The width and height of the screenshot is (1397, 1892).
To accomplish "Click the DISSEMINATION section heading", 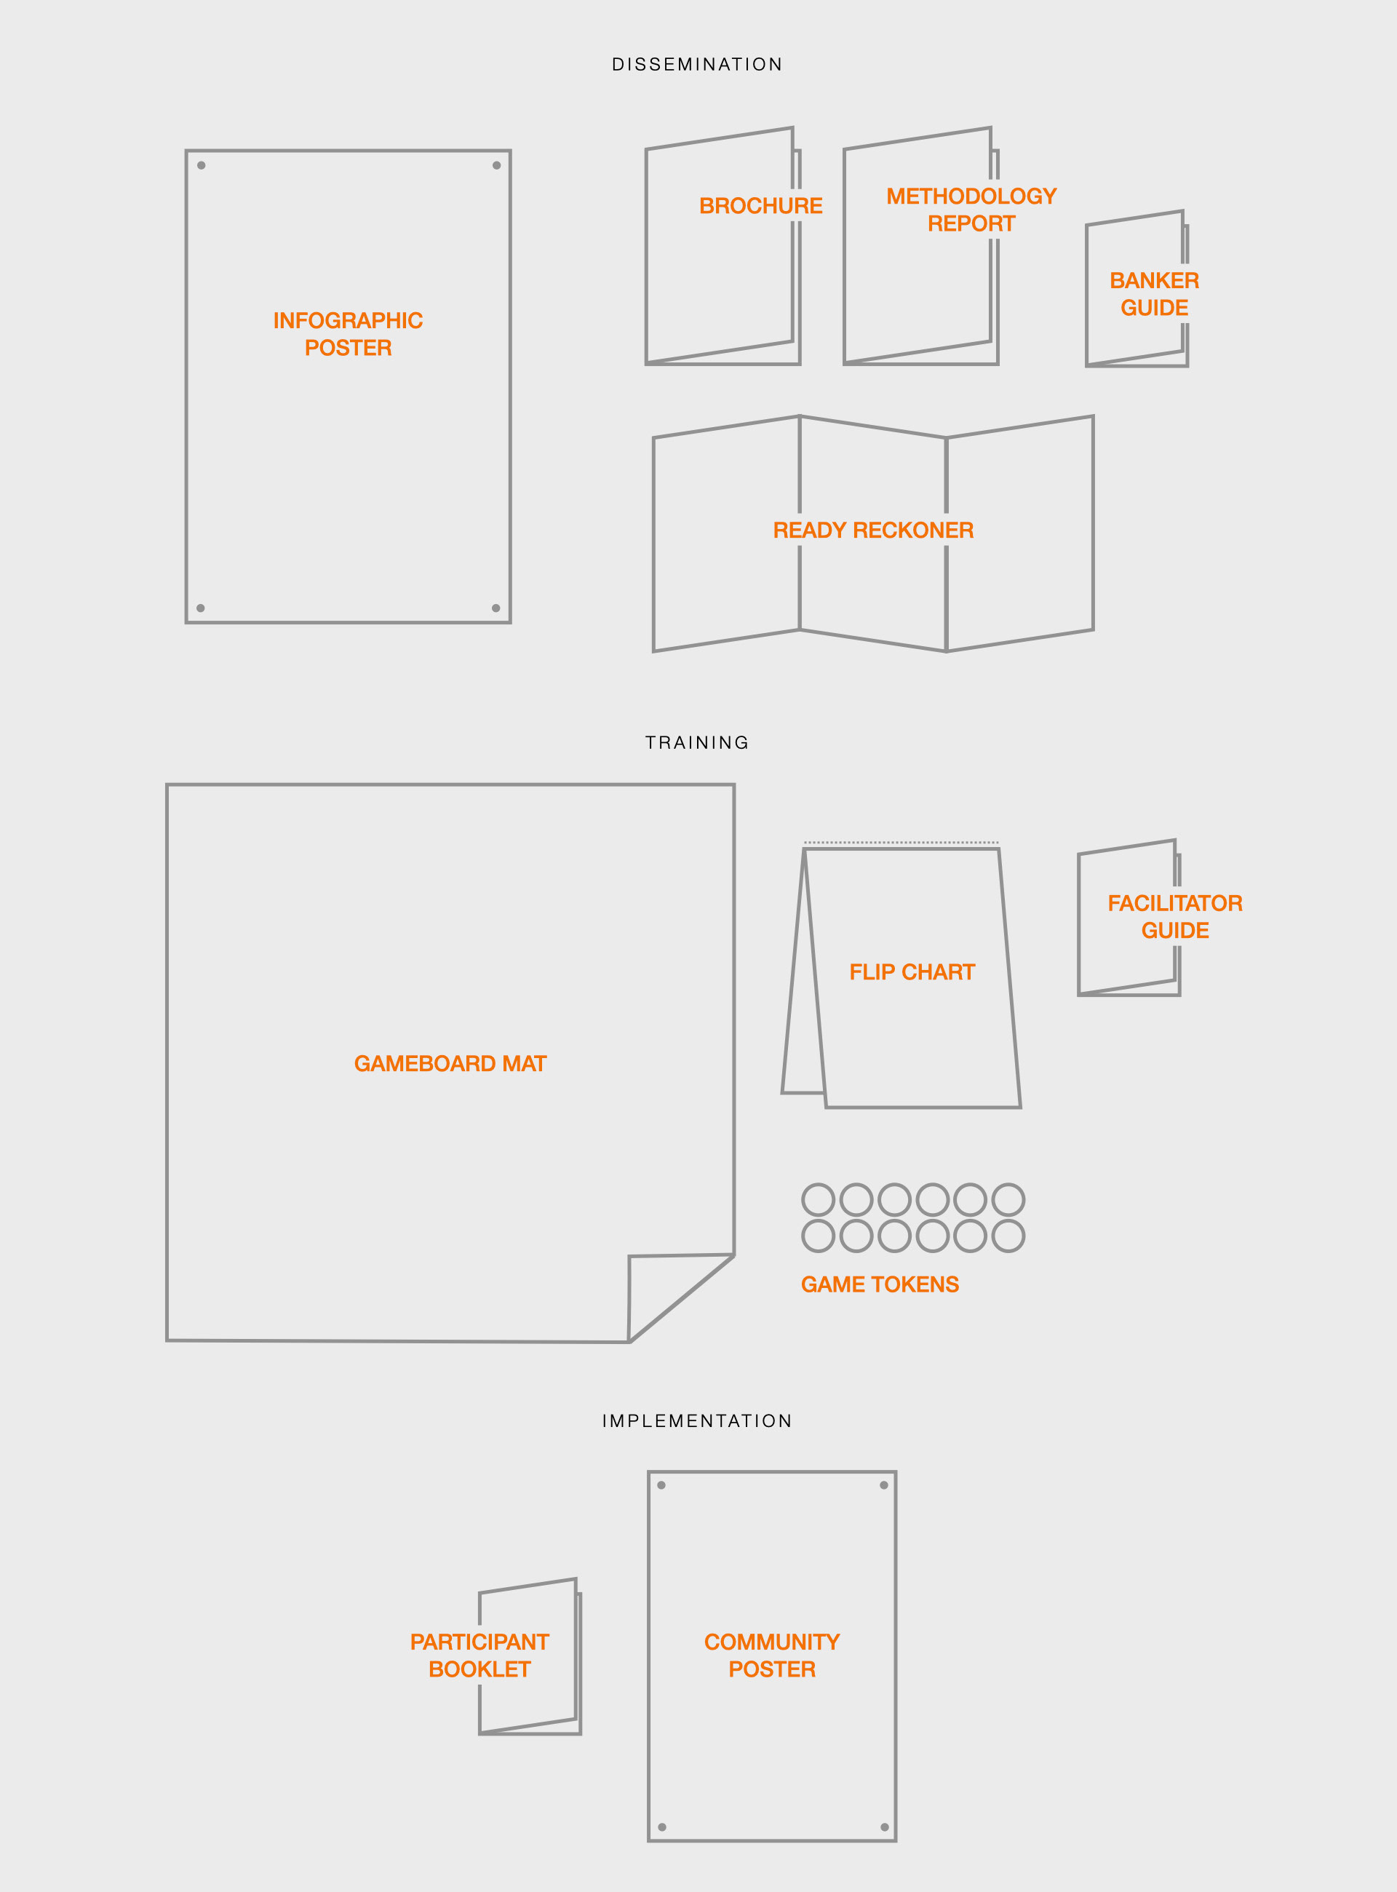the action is click(698, 65).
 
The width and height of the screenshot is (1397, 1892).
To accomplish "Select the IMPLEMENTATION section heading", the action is click(698, 1421).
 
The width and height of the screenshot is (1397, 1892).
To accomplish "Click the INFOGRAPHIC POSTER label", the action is click(349, 334).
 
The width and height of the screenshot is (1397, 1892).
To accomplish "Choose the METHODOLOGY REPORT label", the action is click(971, 210).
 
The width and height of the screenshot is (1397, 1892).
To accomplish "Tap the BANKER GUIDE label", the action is click(1154, 294).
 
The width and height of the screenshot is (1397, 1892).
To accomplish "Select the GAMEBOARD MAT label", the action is click(450, 1064).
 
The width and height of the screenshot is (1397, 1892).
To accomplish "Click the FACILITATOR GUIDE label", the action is click(1174, 917).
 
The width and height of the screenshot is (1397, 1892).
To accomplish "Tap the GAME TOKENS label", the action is click(880, 1284).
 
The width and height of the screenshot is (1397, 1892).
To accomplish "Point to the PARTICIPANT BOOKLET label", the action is click(479, 1656).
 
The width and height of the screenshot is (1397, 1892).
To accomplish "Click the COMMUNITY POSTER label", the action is click(772, 1656).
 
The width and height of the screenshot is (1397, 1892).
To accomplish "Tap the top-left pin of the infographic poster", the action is click(202, 166).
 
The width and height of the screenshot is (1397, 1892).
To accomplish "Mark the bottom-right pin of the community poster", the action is click(885, 1828).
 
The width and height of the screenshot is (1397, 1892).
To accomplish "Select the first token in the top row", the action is click(818, 1199).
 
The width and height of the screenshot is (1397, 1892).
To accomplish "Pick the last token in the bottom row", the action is click(1008, 1236).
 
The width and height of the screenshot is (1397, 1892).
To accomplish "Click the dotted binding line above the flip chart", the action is click(902, 843).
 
